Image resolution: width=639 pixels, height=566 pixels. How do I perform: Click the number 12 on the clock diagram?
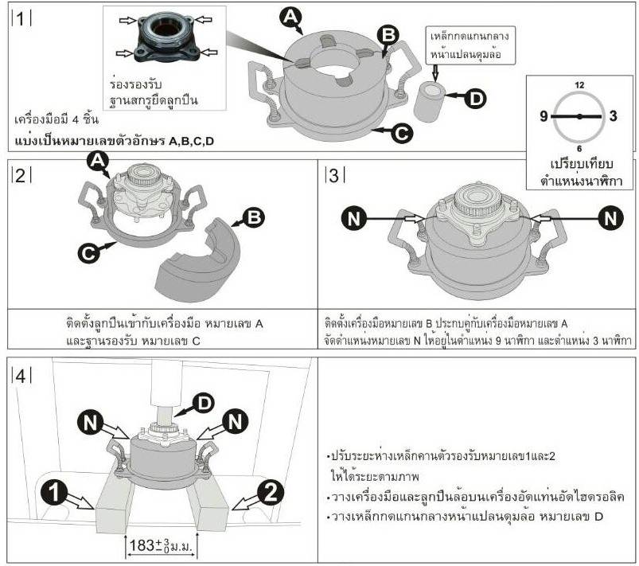click(x=579, y=84)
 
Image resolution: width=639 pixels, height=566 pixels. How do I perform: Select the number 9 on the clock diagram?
click(x=544, y=116)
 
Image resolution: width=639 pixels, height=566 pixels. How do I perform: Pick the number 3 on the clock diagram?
click(x=615, y=116)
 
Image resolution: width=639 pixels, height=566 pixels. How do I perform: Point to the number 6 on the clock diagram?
click(x=579, y=149)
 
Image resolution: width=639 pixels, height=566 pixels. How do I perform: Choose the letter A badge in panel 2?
click(x=97, y=162)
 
